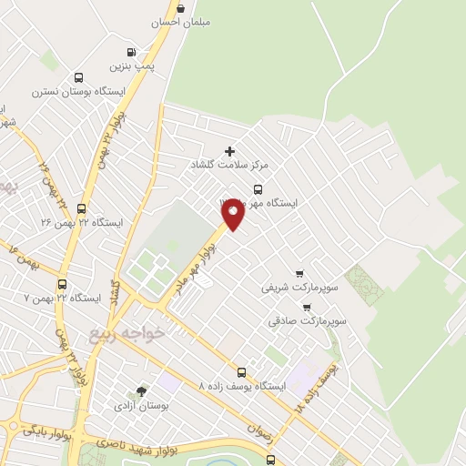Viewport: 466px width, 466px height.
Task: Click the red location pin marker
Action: [x=232, y=213]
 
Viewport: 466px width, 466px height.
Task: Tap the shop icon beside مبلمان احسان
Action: [x=180, y=9]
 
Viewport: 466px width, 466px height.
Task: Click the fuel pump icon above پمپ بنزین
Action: [x=132, y=52]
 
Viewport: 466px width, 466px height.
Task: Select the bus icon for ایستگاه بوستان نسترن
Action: [x=78, y=78]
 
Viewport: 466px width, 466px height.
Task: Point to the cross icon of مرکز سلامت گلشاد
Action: [x=229, y=151]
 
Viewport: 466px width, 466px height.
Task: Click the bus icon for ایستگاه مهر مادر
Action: [x=258, y=189]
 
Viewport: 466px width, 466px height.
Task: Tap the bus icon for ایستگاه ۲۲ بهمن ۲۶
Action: [x=81, y=208]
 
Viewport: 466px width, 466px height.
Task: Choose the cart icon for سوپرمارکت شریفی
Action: [x=299, y=274]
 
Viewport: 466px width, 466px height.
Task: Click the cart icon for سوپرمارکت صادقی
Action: [x=306, y=308]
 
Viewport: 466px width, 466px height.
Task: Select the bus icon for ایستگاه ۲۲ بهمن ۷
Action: [x=62, y=284]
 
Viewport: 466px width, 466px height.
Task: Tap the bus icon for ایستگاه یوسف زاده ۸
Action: [x=241, y=371]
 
